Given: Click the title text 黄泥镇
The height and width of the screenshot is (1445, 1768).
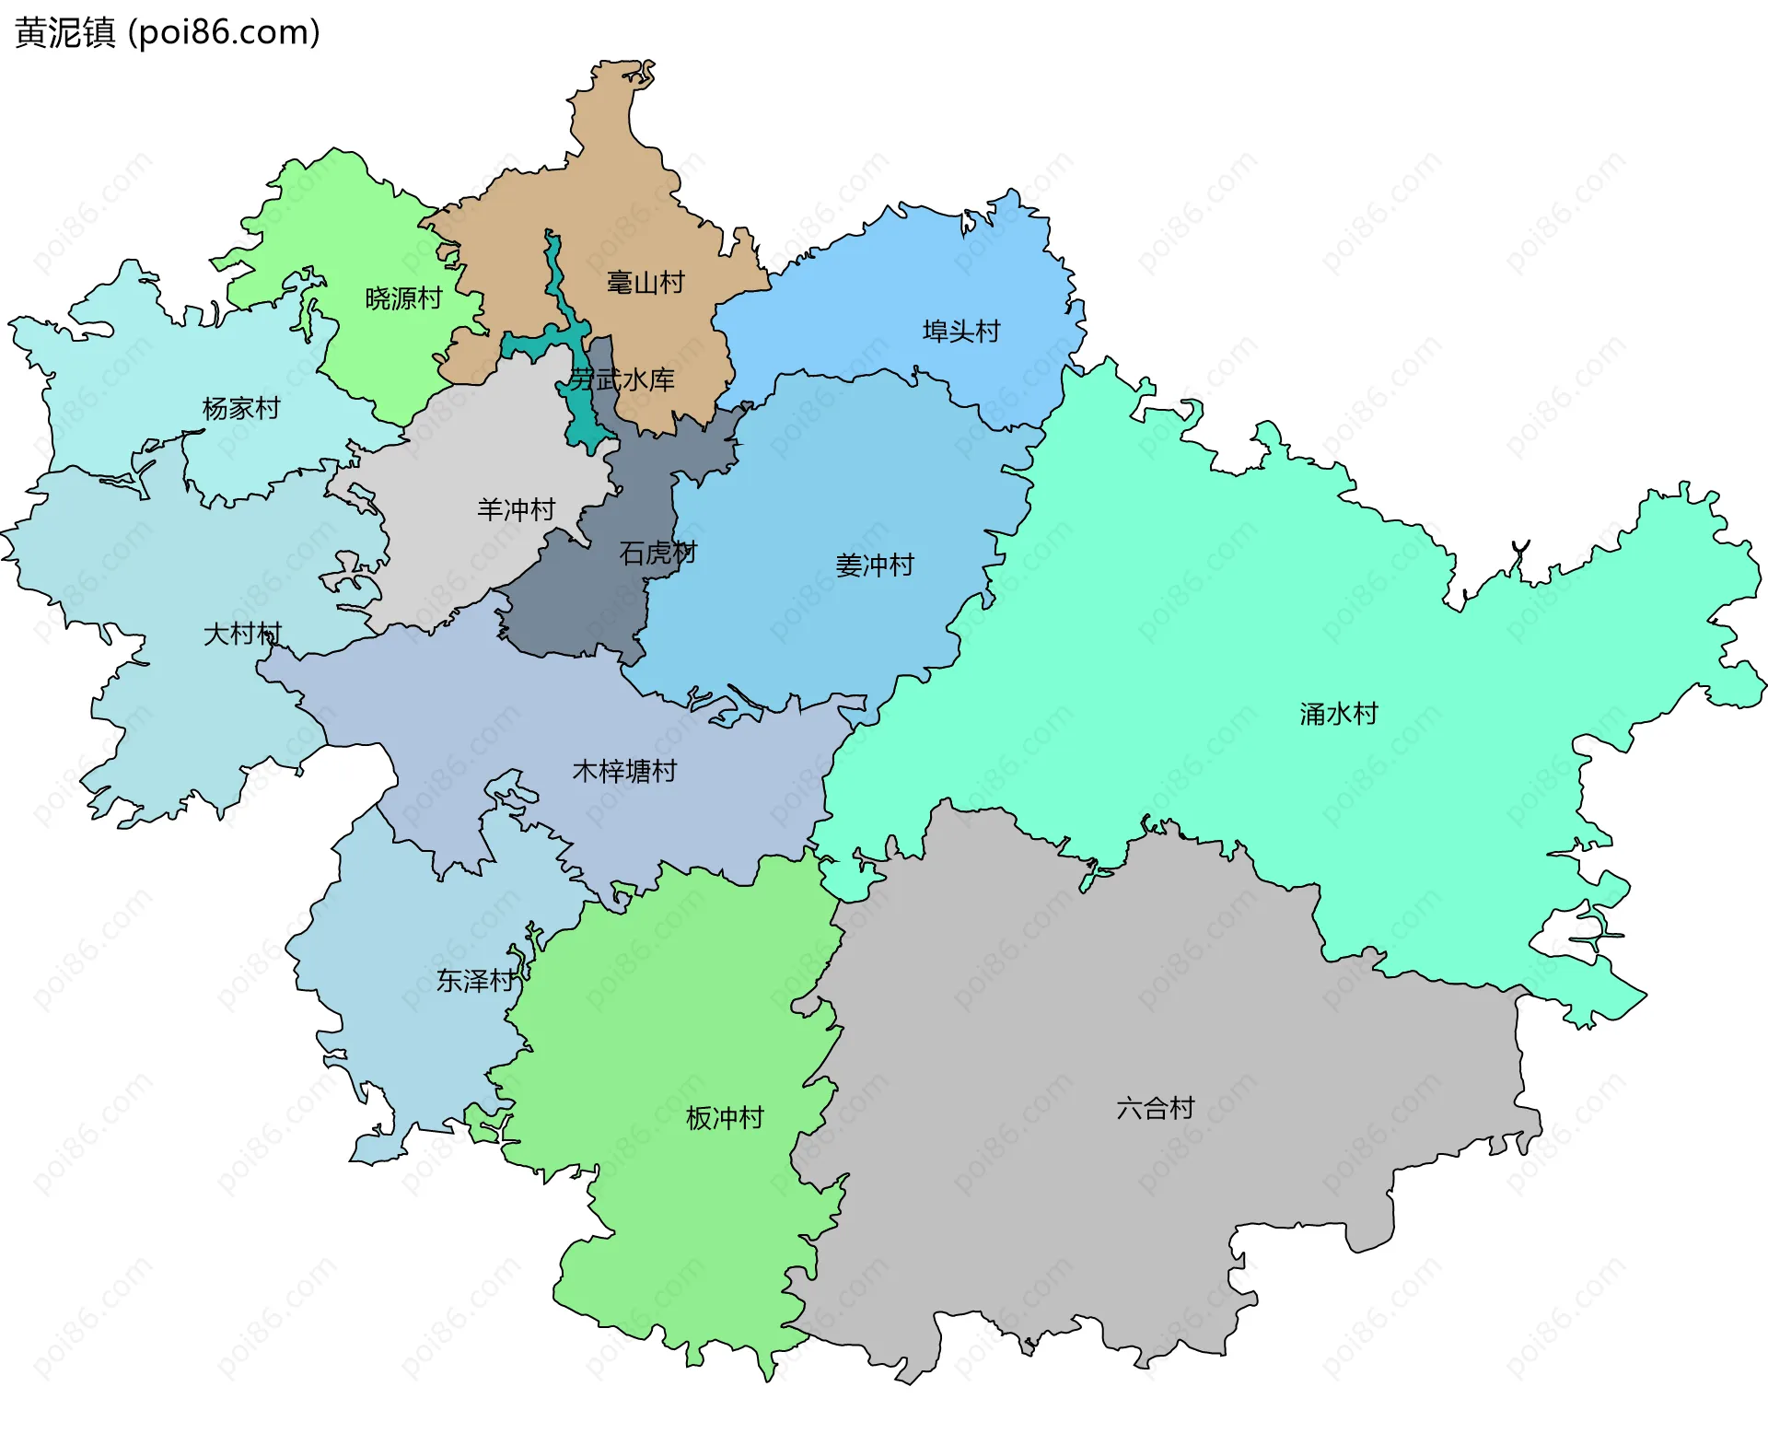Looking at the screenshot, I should [64, 32].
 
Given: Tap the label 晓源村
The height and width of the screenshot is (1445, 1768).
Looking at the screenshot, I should [403, 298].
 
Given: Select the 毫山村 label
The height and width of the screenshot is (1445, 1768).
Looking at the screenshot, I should [646, 283].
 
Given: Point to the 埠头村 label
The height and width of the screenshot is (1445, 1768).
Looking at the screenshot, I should [960, 332].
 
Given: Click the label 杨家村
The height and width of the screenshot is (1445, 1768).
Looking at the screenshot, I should [241, 408].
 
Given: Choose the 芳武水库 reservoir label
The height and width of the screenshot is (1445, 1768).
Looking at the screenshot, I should [622, 379].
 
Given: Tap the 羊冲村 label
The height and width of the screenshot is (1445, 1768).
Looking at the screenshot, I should [516, 509].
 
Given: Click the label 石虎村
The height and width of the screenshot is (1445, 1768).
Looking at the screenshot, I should [657, 553].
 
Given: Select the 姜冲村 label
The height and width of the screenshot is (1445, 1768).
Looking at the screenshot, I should [874, 565].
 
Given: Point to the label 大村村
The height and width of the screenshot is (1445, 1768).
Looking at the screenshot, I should [241, 634].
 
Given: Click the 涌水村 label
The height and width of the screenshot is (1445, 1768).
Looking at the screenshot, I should [1338, 714].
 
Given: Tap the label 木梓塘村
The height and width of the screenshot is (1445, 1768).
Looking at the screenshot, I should [624, 771].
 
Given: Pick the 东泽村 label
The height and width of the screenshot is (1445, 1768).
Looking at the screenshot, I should [475, 981].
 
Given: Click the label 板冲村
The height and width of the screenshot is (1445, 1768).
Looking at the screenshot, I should [725, 1118].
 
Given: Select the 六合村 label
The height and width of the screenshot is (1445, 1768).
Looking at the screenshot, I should [1155, 1108].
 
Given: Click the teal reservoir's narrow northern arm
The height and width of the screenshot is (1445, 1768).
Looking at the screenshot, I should [555, 276].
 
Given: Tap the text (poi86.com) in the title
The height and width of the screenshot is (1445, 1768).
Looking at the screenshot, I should [224, 32].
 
